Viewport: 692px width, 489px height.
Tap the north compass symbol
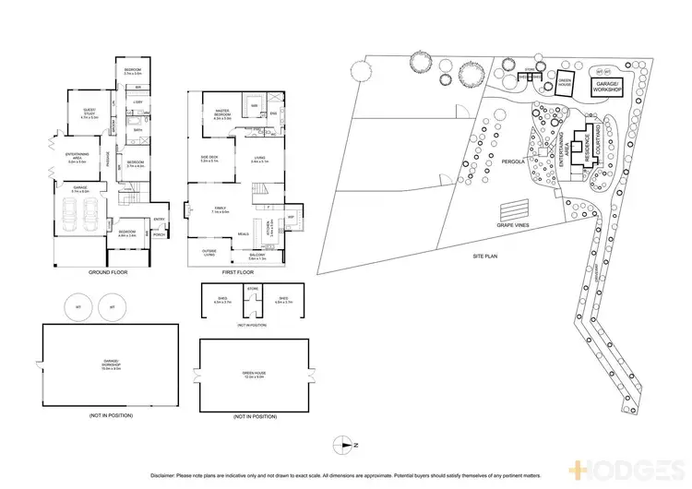pos(346,445)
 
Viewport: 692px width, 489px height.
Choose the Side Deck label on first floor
pos(209,159)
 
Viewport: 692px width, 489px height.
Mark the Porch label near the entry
pos(159,235)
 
